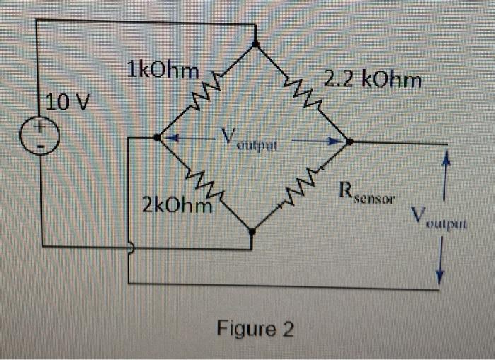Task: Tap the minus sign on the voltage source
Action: pos(41,146)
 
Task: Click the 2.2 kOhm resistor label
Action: pos(373,80)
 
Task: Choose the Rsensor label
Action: pos(368,191)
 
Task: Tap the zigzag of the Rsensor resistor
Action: pos(302,185)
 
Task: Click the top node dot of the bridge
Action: pos(255,44)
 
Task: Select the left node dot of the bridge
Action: pos(157,137)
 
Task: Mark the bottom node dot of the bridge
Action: pos(252,231)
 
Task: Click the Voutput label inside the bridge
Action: pos(247,138)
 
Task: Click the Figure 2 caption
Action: pos(255,330)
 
